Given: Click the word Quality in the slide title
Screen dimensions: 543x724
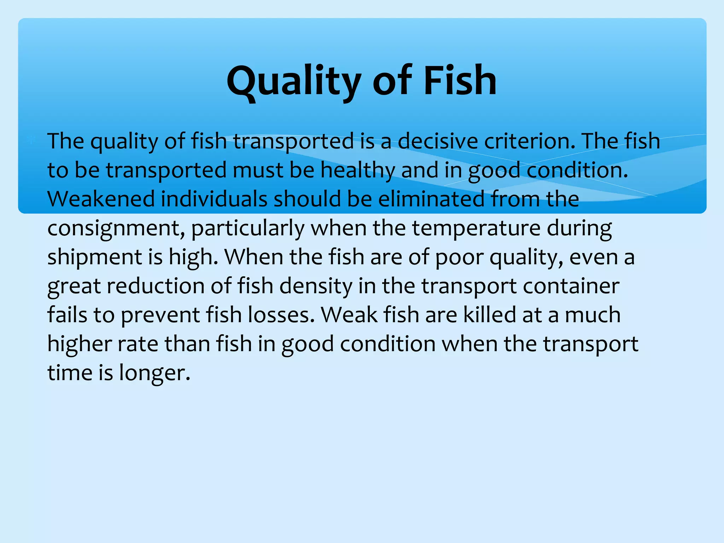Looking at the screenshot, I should tap(293, 81).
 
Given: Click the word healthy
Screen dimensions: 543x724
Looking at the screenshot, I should tap(357, 170).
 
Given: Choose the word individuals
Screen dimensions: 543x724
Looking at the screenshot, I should tap(214, 199).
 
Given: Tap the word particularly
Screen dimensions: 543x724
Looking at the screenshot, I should tap(247, 228).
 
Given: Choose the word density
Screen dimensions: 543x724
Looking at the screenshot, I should tap(316, 286).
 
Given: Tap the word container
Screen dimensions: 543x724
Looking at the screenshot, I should tap(571, 286).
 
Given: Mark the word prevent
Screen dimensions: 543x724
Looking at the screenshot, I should tap(160, 315).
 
